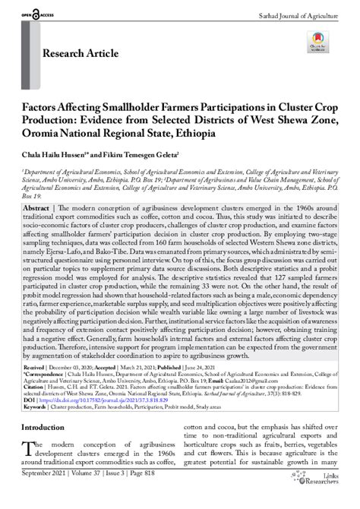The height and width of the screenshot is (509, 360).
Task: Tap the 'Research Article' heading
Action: point(81,54)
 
